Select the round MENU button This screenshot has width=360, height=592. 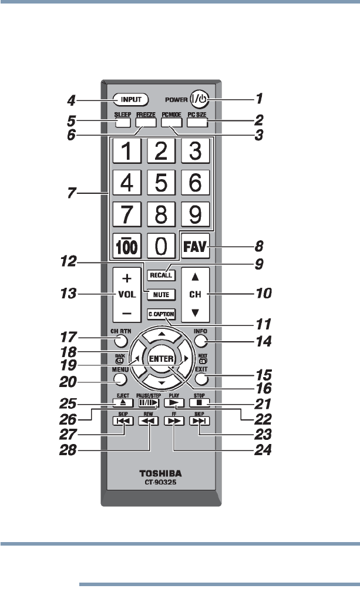(x=121, y=378)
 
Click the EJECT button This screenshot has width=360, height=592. (x=122, y=403)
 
